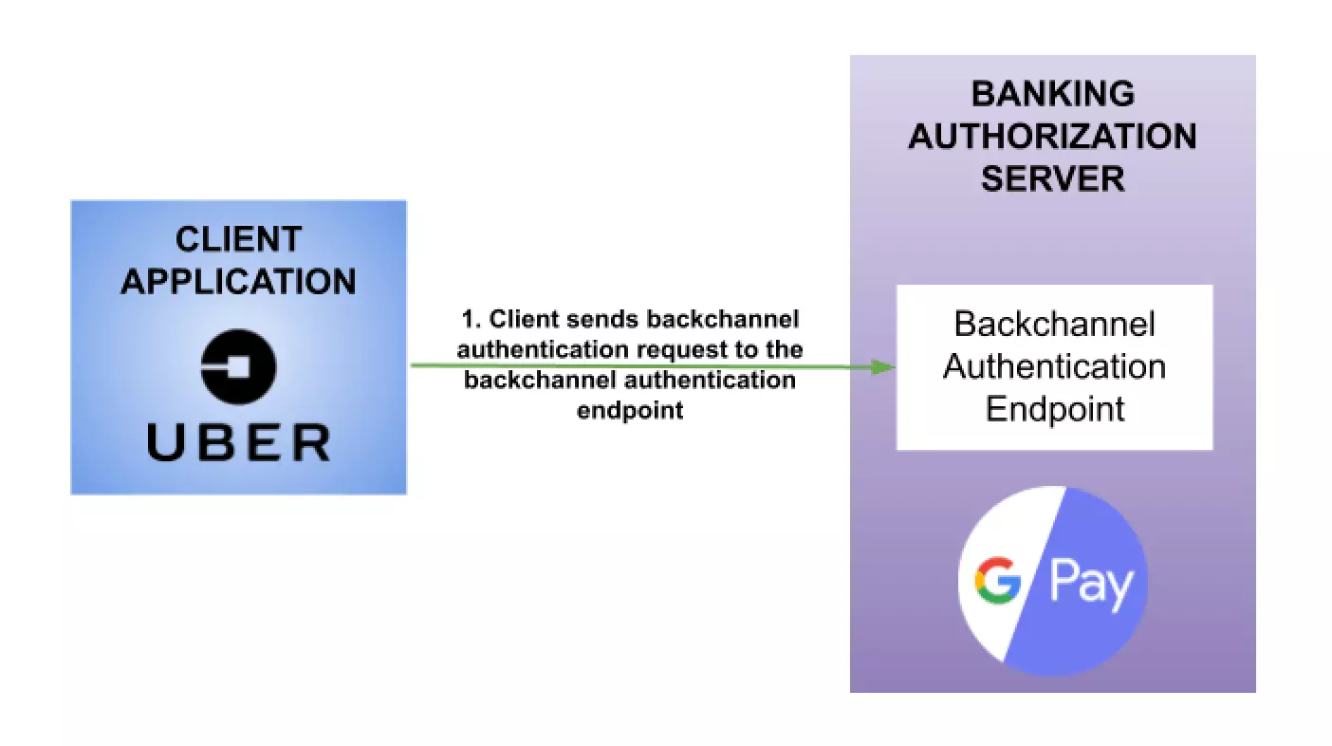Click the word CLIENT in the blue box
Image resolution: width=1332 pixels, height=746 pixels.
(x=238, y=239)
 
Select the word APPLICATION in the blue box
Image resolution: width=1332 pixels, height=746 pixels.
(x=238, y=281)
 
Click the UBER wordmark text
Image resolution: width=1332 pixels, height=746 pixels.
(x=238, y=442)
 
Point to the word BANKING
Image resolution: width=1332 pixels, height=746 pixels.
(x=1053, y=94)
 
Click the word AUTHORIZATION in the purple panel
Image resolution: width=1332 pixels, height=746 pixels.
(x=1053, y=136)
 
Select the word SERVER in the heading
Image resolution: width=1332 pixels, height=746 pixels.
(x=1053, y=177)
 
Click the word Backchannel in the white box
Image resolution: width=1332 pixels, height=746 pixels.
(x=1054, y=325)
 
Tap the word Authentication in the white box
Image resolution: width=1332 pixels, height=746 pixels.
(x=1054, y=366)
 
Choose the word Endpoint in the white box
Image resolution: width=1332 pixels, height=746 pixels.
(x=1054, y=408)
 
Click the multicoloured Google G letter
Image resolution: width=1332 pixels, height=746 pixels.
(x=997, y=582)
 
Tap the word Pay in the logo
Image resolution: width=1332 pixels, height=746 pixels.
(x=1091, y=583)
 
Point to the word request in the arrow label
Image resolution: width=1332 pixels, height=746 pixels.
(x=678, y=349)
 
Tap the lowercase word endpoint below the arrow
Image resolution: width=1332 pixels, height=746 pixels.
(x=630, y=411)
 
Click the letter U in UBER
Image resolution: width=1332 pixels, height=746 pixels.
(x=165, y=442)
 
